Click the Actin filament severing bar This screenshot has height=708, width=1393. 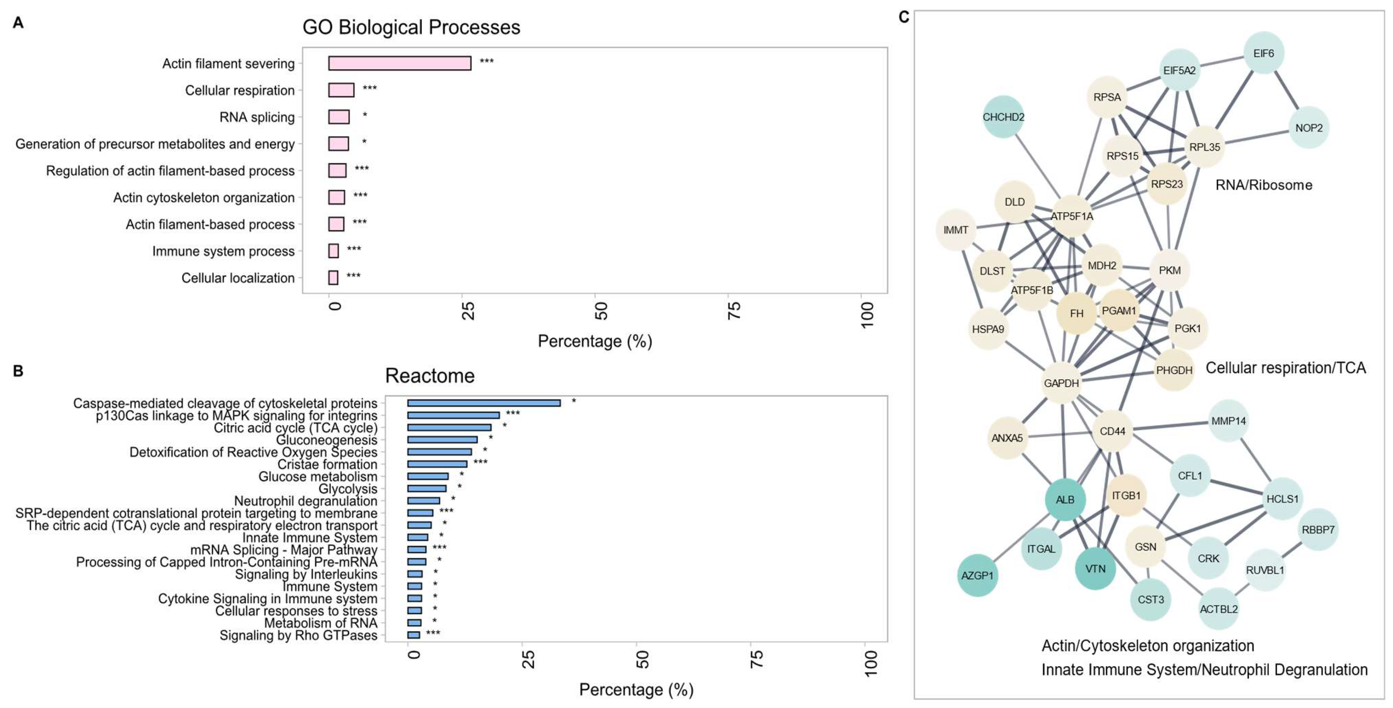point(399,63)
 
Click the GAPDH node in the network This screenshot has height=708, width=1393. point(1061,383)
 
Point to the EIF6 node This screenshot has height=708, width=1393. point(1263,53)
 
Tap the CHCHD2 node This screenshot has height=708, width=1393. point(1003,117)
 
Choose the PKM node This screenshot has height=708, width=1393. point(1170,270)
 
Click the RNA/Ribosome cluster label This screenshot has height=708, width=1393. point(1263,185)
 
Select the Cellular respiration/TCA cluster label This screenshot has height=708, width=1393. point(1285,368)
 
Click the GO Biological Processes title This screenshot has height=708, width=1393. point(411,27)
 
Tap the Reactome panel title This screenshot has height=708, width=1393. point(429,375)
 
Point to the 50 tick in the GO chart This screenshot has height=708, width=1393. point(600,311)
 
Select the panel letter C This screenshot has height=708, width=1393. point(904,17)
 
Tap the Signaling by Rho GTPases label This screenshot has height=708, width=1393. point(298,635)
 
